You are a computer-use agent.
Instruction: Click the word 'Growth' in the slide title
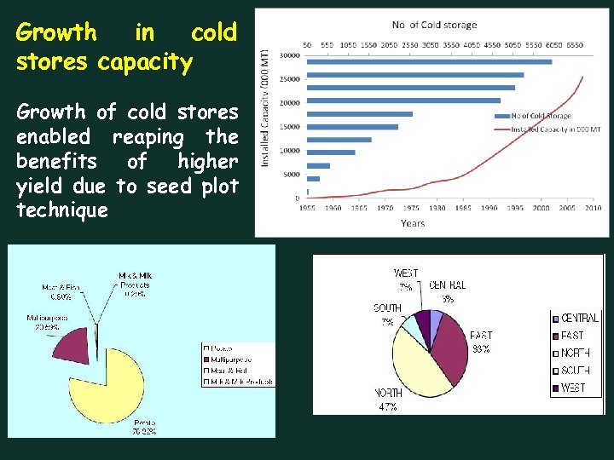coord(56,33)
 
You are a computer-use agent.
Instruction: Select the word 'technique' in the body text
coord(62,210)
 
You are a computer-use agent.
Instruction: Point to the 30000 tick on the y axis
coord(290,55)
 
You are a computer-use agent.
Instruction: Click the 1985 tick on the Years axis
coord(463,208)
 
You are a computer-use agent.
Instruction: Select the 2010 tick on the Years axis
coord(593,208)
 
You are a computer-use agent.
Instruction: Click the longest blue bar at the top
coord(428,61)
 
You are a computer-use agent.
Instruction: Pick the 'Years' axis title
coord(413,223)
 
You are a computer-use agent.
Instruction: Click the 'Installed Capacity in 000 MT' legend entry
coord(555,129)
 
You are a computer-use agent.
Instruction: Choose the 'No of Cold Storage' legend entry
coord(542,116)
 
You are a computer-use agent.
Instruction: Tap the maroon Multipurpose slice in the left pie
coord(79,343)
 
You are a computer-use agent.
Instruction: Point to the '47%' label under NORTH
coord(389,406)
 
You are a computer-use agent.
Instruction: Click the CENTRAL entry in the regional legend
coord(579,318)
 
